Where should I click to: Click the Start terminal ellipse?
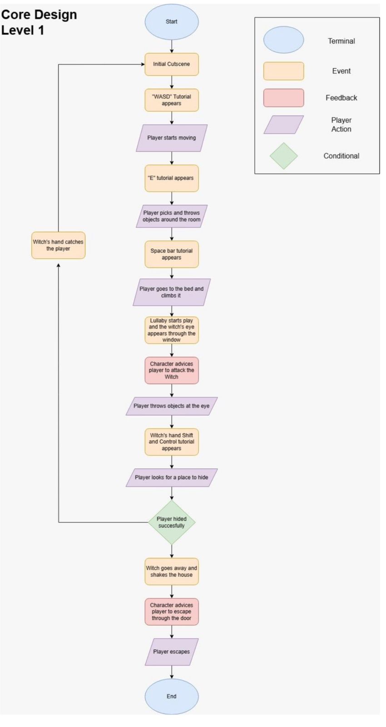(171, 22)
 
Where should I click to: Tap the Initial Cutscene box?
(171, 64)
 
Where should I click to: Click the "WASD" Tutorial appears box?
(171, 100)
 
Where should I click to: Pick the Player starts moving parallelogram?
(171, 138)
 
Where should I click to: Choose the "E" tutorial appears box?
(171, 178)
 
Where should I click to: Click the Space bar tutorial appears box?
(171, 254)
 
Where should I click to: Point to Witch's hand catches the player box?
(58, 245)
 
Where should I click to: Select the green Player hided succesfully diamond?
(171, 522)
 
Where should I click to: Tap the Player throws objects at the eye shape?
(171, 406)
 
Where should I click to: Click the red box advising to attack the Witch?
(171, 370)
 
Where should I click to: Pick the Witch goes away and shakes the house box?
(171, 572)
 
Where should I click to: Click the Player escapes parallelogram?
(171, 652)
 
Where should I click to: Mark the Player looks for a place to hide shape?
(171, 478)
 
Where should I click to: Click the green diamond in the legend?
(283, 156)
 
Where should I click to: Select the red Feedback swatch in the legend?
(283, 98)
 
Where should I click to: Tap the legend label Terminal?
(341, 41)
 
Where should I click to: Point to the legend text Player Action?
(341, 124)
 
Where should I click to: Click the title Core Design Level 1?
(39, 22)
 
